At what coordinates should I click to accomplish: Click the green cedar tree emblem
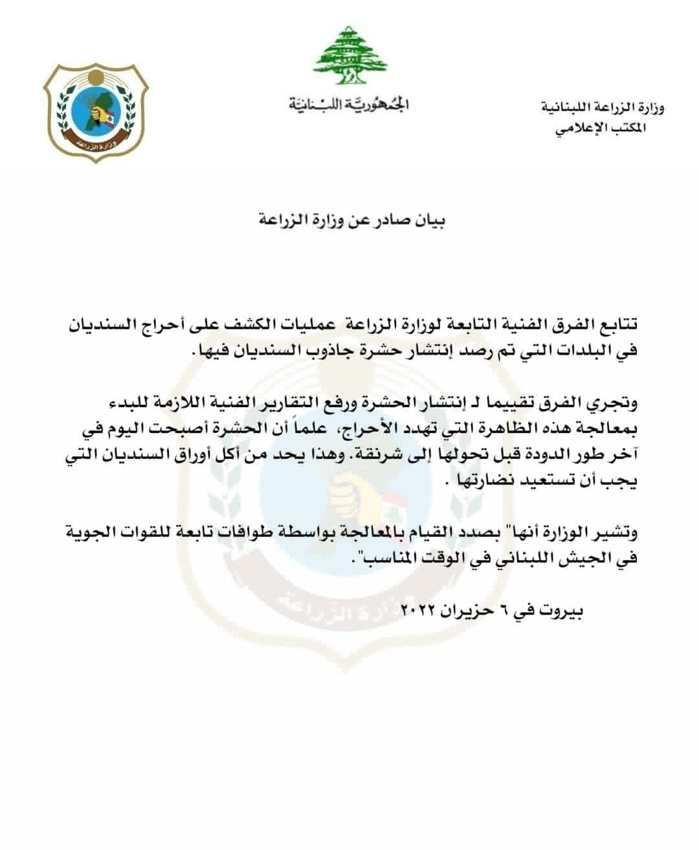tap(348, 56)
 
